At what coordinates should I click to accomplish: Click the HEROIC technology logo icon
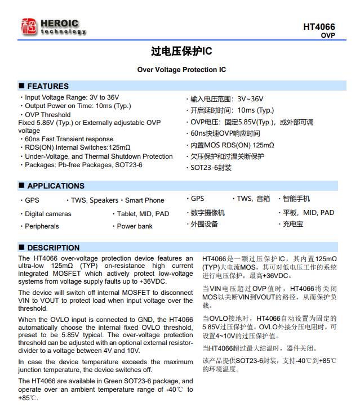pyautogui.click(x=28, y=26)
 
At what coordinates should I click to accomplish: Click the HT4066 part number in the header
pyautogui.click(x=319, y=26)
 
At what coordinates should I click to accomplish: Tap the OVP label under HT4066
pyautogui.click(x=328, y=35)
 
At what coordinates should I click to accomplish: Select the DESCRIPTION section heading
pyautogui.click(x=53, y=248)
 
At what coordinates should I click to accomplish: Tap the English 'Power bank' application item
pyautogui.click(x=134, y=226)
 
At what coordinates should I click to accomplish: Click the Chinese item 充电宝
pyautogui.click(x=292, y=224)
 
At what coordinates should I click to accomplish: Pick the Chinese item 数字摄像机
pyautogui.click(x=207, y=213)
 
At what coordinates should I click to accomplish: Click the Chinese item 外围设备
pyautogui.click(x=204, y=224)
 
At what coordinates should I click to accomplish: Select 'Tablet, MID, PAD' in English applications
pyautogui.click(x=143, y=214)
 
